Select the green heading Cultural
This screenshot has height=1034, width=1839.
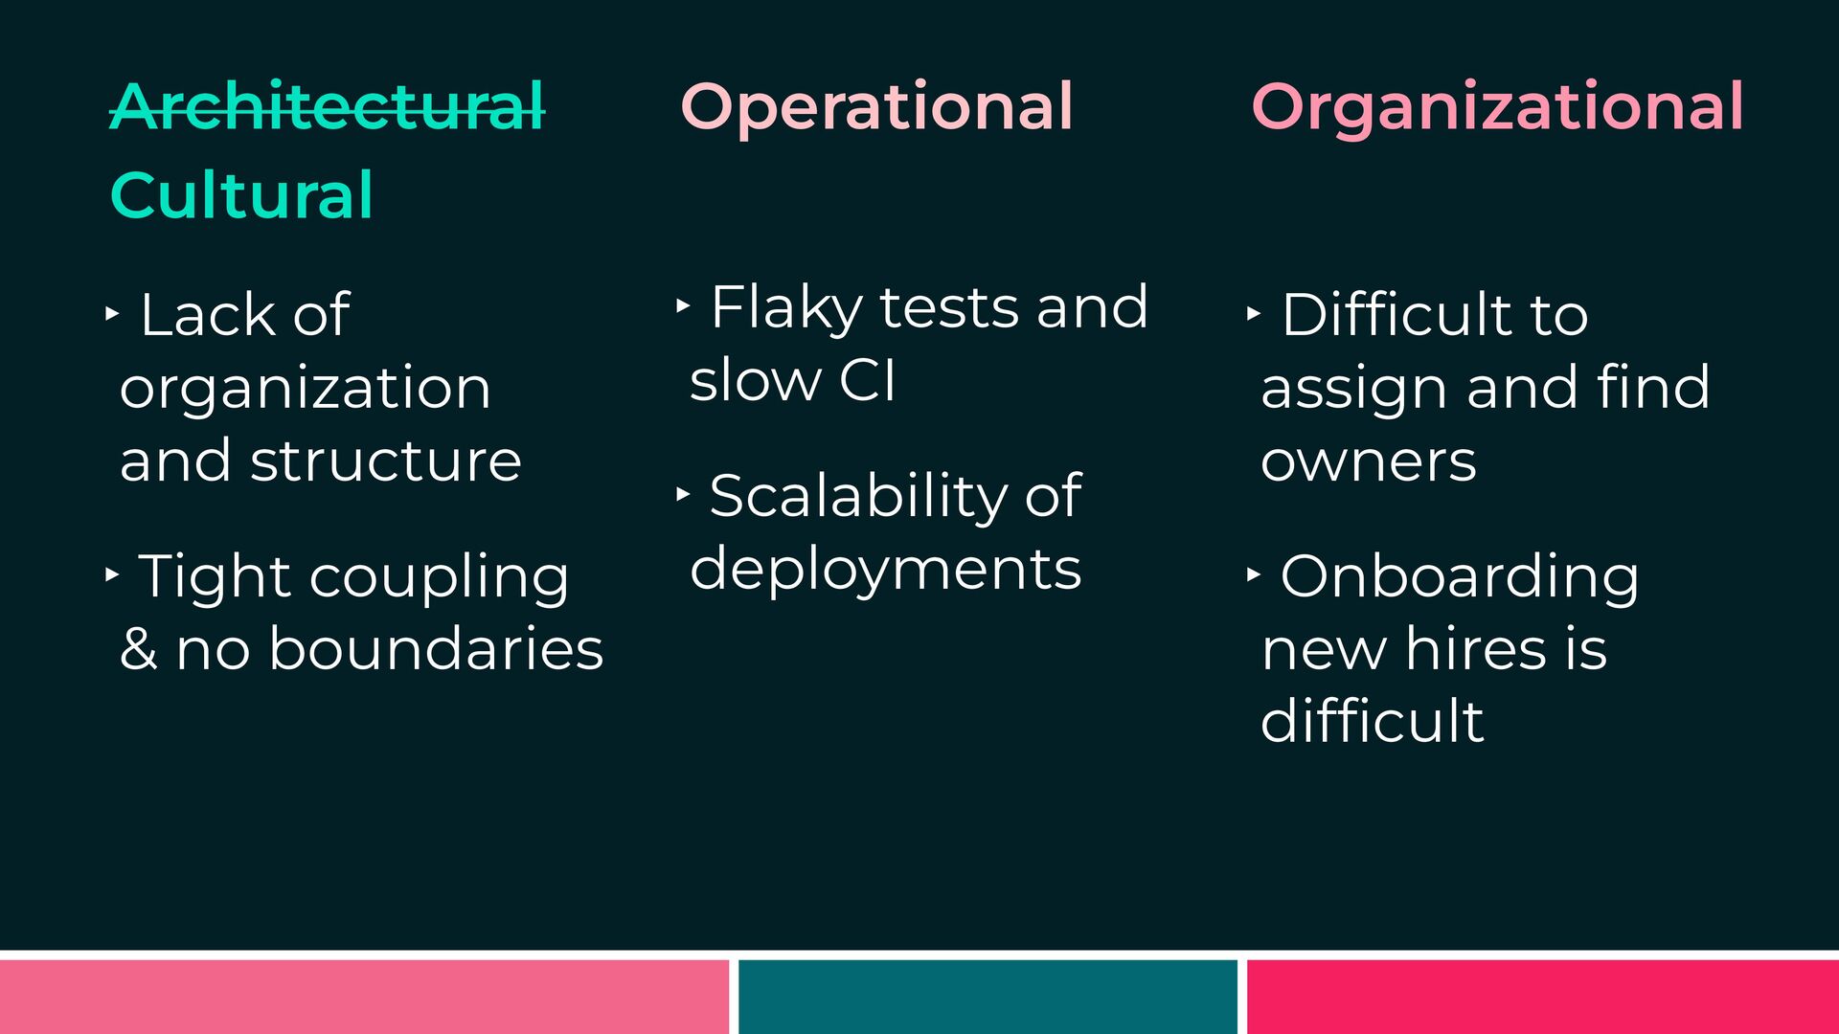(x=241, y=194)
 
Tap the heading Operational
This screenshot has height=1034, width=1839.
(x=876, y=107)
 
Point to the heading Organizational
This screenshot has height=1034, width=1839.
(x=1497, y=107)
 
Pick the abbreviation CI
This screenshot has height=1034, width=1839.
(x=867, y=380)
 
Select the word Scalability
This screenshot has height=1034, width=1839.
(x=858, y=497)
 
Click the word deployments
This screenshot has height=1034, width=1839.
(x=885, y=570)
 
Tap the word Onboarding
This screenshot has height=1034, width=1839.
(x=1460, y=577)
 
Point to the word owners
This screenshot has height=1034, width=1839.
(x=1368, y=462)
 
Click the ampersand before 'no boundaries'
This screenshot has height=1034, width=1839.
(x=139, y=648)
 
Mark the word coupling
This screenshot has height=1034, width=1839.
(x=439, y=577)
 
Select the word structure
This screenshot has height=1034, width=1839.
(x=386, y=461)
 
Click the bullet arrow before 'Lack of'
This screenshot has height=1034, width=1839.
(x=112, y=312)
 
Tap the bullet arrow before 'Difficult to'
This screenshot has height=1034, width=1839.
(x=1254, y=313)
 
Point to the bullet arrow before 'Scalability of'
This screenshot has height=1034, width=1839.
(x=683, y=494)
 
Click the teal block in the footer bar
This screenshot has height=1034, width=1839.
(x=988, y=997)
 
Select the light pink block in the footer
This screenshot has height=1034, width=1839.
(x=364, y=997)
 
